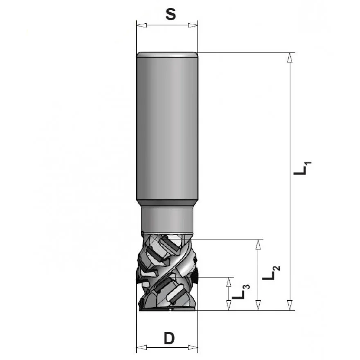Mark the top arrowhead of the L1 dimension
[x=290, y=57]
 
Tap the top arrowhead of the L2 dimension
[x=258, y=244]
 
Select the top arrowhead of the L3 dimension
[x=228, y=282]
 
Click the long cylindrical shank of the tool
[x=167, y=127]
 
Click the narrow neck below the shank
[x=167, y=219]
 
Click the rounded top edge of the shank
[x=167, y=54]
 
